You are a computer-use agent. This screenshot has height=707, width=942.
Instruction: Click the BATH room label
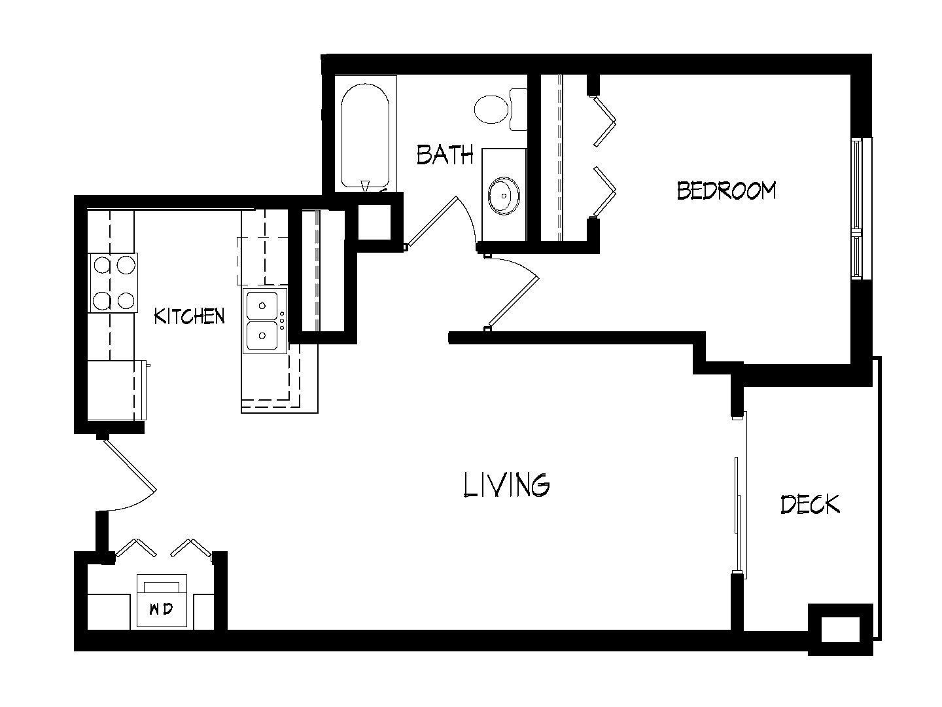pos(445,155)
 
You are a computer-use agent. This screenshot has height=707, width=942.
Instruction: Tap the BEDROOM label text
pos(726,190)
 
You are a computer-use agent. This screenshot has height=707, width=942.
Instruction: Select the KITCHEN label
pos(189,316)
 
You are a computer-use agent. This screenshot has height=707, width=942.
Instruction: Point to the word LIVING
pos(506,485)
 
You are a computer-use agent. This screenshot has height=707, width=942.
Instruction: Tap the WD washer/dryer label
pos(161,609)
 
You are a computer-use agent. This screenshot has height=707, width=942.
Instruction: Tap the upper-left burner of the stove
pos(103,265)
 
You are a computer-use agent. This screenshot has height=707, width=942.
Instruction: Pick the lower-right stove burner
pos(126,300)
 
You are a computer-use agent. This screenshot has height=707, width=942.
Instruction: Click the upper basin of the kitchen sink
pos(262,305)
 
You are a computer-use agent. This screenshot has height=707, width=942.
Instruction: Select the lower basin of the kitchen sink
pos(262,336)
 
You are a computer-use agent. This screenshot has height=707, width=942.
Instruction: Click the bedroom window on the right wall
pos(862,209)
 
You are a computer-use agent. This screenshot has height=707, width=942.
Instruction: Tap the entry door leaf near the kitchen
pos(130,464)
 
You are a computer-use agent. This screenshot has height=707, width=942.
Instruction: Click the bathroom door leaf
pos(431,222)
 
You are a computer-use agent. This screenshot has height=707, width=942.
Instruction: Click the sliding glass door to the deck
pos(740,494)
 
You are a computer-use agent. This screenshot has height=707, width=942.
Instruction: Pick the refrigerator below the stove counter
pos(116,390)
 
